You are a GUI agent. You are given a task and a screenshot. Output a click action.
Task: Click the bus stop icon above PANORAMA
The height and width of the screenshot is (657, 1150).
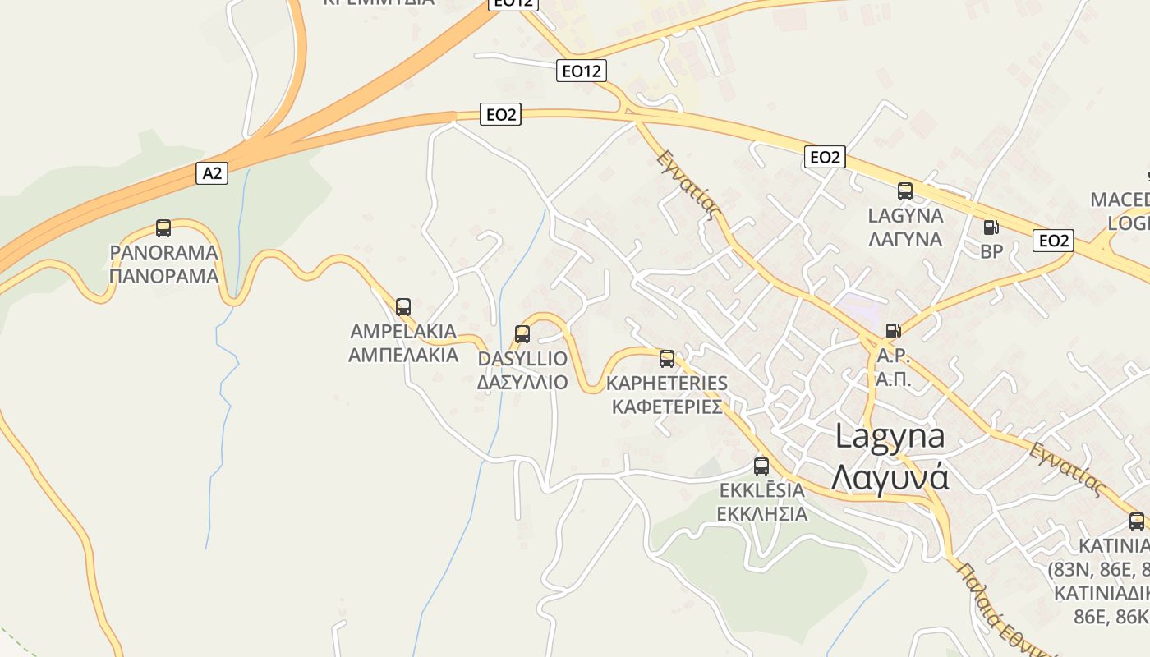(x=163, y=227)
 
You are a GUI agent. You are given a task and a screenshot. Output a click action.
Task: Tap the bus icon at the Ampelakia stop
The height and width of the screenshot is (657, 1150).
(x=403, y=307)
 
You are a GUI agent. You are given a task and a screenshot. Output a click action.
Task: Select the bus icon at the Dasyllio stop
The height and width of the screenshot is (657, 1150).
(x=522, y=334)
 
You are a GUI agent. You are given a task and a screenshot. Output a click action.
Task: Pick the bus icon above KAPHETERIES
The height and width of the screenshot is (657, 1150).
(x=667, y=359)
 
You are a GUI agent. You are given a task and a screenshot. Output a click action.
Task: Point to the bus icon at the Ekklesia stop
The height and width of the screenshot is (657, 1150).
(x=761, y=466)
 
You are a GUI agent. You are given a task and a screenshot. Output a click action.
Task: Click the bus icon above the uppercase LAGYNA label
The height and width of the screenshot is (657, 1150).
(x=905, y=191)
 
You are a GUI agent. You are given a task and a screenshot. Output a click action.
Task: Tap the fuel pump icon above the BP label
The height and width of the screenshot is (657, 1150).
(x=991, y=227)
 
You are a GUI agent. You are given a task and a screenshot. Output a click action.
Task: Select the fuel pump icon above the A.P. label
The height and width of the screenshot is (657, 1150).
(x=893, y=331)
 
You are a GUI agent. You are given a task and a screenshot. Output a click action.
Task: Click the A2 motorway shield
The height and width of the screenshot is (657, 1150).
(x=212, y=173)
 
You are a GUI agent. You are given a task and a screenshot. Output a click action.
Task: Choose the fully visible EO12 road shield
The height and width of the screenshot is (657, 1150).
(x=582, y=71)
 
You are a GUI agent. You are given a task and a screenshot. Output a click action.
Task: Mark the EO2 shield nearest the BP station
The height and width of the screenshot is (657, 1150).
(x=1053, y=241)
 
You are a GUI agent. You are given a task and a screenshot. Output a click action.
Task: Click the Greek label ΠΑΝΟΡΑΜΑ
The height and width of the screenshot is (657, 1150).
(x=164, y=276)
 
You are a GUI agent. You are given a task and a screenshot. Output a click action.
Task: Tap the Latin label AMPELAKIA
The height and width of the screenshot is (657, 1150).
(x=403, y=332)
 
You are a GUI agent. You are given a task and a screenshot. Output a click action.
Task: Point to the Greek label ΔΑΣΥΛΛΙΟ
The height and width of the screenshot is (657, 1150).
(x=522, y=383)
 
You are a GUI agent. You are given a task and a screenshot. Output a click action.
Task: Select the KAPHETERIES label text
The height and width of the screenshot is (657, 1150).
(x=667, y=384)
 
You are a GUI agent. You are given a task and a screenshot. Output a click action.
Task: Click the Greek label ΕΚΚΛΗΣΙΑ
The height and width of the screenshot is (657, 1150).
(x=762, y=515)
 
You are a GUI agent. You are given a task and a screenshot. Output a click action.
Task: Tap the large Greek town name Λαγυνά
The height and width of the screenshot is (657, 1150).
(x=890, y=477)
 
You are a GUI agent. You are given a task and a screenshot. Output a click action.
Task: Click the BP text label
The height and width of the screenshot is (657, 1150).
(x=992, y=252)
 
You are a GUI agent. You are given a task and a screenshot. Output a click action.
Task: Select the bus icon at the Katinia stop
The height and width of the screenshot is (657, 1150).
(x=1137, y=521)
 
